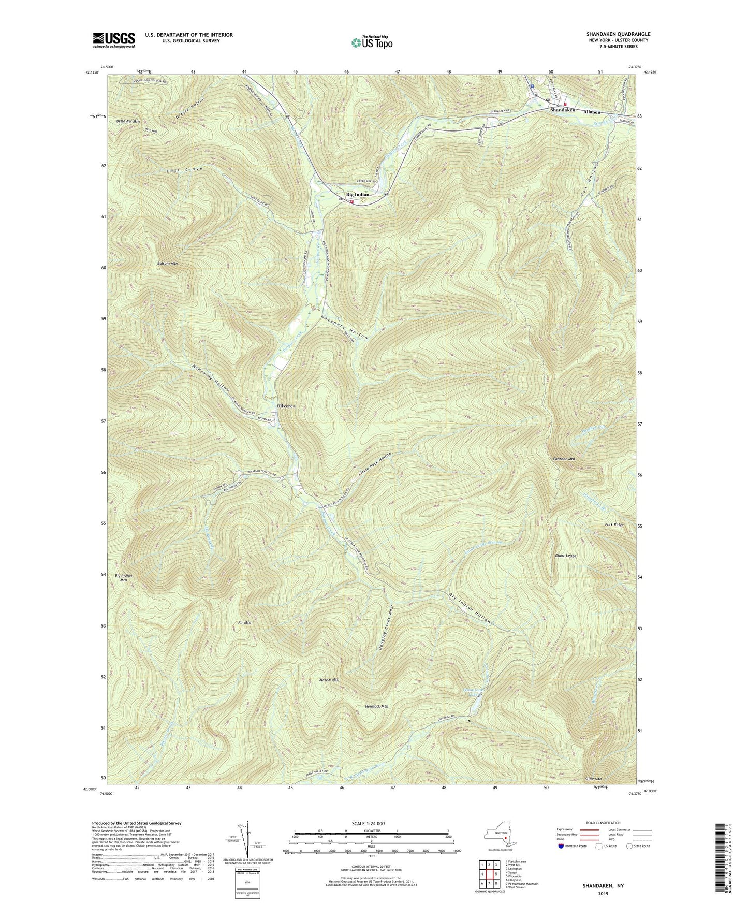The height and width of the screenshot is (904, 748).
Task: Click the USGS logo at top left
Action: click(114, 40)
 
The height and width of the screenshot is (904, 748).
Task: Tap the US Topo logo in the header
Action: click(371, 42)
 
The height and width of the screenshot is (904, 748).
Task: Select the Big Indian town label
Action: click(358, 195)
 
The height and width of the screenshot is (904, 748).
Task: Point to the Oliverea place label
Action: click(286, 406)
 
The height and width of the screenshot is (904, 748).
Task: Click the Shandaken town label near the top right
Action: click(563, 110)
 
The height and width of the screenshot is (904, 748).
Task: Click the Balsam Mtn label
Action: click(167, 264)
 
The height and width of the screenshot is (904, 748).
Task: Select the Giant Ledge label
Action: click(565, 556)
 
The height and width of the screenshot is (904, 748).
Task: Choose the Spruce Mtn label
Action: click(329, 679)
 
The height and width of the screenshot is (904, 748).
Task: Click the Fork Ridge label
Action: click(614, 525)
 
